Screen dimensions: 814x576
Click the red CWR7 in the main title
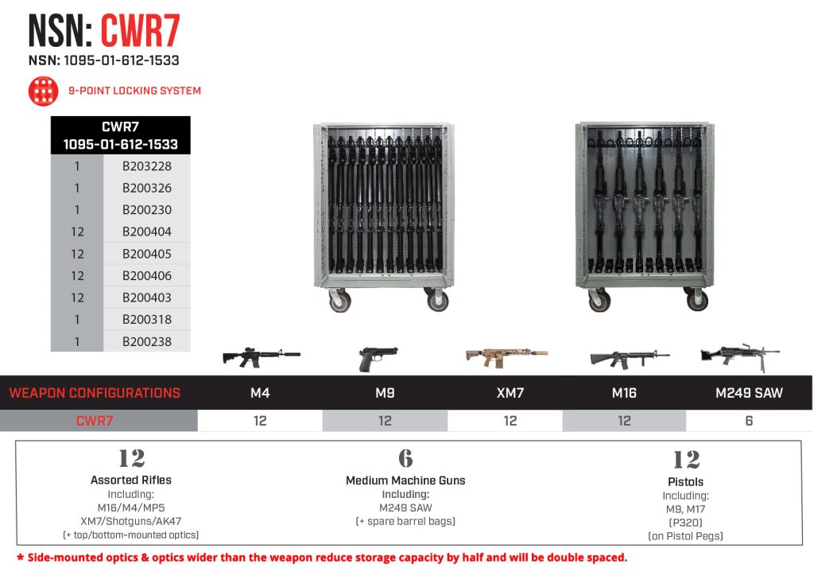140,32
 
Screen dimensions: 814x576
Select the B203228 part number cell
147,166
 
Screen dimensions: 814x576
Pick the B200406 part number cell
147,275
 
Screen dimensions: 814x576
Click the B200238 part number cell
147,341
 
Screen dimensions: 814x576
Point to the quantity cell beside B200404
77,232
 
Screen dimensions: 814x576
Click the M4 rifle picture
261,356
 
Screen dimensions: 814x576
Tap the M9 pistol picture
378,357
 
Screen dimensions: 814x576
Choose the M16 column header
624,393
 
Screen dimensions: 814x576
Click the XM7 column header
510,393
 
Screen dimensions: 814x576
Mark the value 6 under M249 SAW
749,421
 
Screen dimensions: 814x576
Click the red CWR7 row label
95,421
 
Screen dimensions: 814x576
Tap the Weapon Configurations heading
95,393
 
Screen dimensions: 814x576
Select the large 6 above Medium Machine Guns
405,458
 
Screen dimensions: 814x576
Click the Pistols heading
685,481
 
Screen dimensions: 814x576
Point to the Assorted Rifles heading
131,480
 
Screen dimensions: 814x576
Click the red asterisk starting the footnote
21,557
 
